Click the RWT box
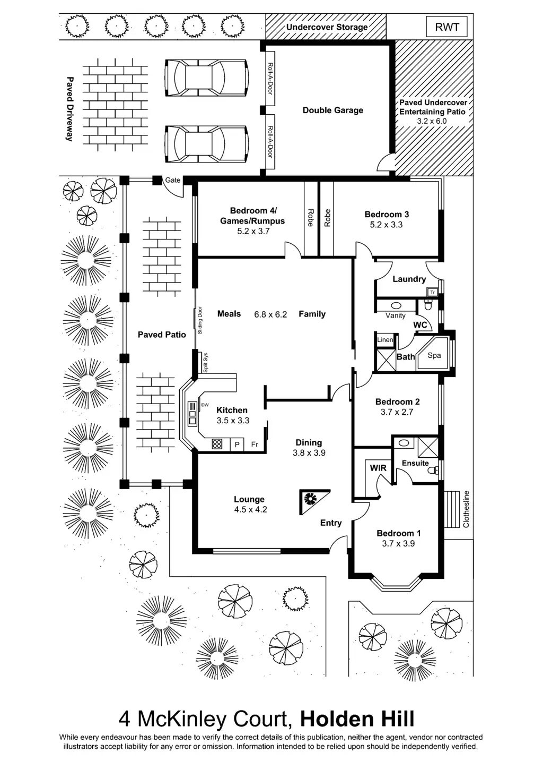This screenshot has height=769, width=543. (446, 27)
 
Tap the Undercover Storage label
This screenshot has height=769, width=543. (327, 27)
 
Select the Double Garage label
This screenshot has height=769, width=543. (332, 110)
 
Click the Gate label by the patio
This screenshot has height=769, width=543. (173, 180)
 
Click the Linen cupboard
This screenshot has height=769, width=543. (386, 340)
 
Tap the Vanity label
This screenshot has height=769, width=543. (395, 315)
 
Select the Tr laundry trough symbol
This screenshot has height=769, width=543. (432, 292)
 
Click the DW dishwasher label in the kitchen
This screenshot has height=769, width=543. (205, 405)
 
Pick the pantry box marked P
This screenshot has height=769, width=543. (237, 444)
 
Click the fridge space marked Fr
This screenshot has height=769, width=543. (255, 444)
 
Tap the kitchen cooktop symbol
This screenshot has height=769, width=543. (217, 444)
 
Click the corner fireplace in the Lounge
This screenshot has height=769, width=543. (311, 500)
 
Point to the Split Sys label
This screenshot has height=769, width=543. (206, 363)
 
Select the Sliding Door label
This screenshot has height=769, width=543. (200, 320)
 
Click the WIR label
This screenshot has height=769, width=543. (378, 468)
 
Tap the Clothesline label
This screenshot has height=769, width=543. (466, 509)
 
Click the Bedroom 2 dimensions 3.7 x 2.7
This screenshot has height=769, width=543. (397, 412)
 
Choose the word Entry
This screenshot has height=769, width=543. (331, 523)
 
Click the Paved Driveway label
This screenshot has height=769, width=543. (69, 109)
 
